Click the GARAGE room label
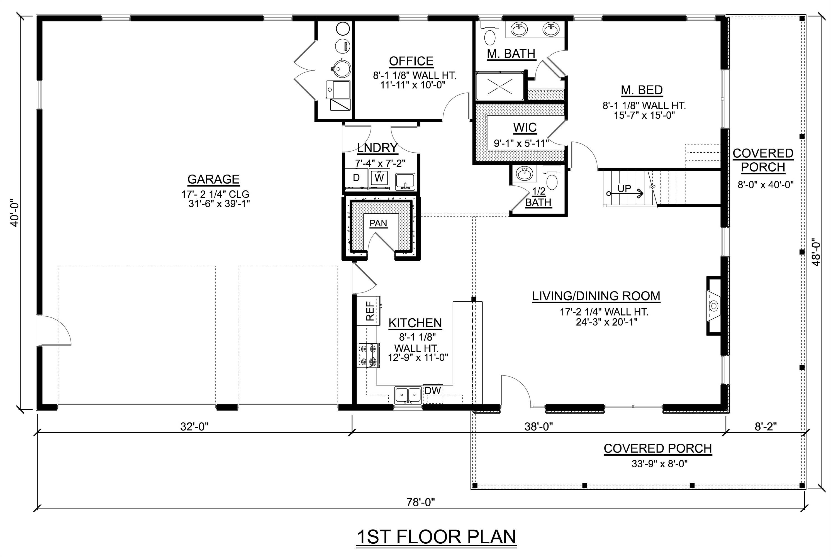[213, 179]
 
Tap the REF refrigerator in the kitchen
[369, 311]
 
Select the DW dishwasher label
[432, 390]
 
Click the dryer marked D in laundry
[356, 178]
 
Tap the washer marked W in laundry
[379, 178]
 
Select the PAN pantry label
[378, 223]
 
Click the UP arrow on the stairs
[625, 193]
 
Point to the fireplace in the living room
[713, 306]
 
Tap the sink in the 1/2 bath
[524, 174]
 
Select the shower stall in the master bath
[499, 86]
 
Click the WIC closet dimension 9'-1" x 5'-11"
[521, 143]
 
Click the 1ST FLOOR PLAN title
[436, 537]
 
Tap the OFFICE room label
[411, 61]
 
